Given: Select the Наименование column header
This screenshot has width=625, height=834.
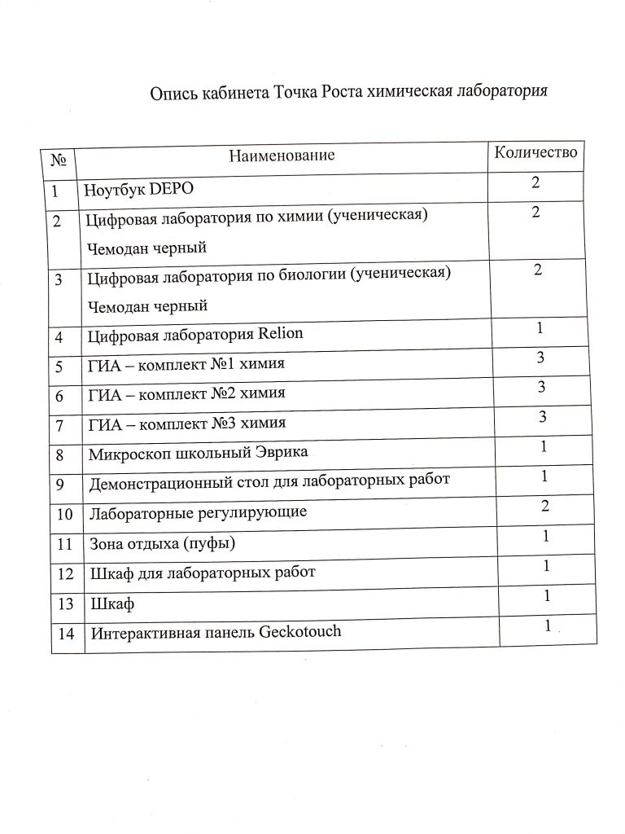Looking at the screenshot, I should coord(282,155).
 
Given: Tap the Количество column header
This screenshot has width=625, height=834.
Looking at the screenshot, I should coord(536,151).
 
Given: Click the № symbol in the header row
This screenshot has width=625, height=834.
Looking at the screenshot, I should coord(59,158).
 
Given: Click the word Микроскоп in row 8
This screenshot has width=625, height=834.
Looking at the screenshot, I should coord(127,453).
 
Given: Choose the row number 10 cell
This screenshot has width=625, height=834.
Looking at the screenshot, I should coord(67,514).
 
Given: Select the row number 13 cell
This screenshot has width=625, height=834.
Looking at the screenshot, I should coord(67,604).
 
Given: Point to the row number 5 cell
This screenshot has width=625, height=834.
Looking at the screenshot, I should coord(59,365).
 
